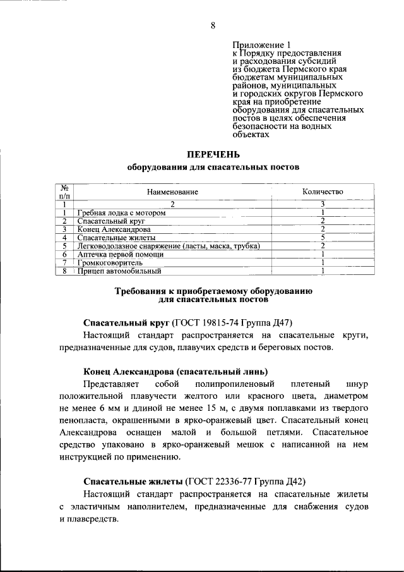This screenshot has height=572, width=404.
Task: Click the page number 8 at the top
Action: (213, 26)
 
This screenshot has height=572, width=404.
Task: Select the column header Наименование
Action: (172, 192)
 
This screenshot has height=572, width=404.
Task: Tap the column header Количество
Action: (322, 192)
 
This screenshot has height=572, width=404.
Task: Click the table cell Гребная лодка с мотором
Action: (121, 213)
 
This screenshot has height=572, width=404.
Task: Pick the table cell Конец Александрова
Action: (114, 229)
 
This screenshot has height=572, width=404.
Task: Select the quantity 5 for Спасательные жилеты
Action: (322, 238)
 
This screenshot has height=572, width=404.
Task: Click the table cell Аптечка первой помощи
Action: (120, 254)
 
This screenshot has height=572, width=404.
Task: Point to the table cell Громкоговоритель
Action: (110, 262)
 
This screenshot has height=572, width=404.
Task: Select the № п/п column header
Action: (64, 192)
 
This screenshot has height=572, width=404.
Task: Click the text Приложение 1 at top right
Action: (261, 46)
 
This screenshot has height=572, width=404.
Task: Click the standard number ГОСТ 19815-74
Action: (205, 322)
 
